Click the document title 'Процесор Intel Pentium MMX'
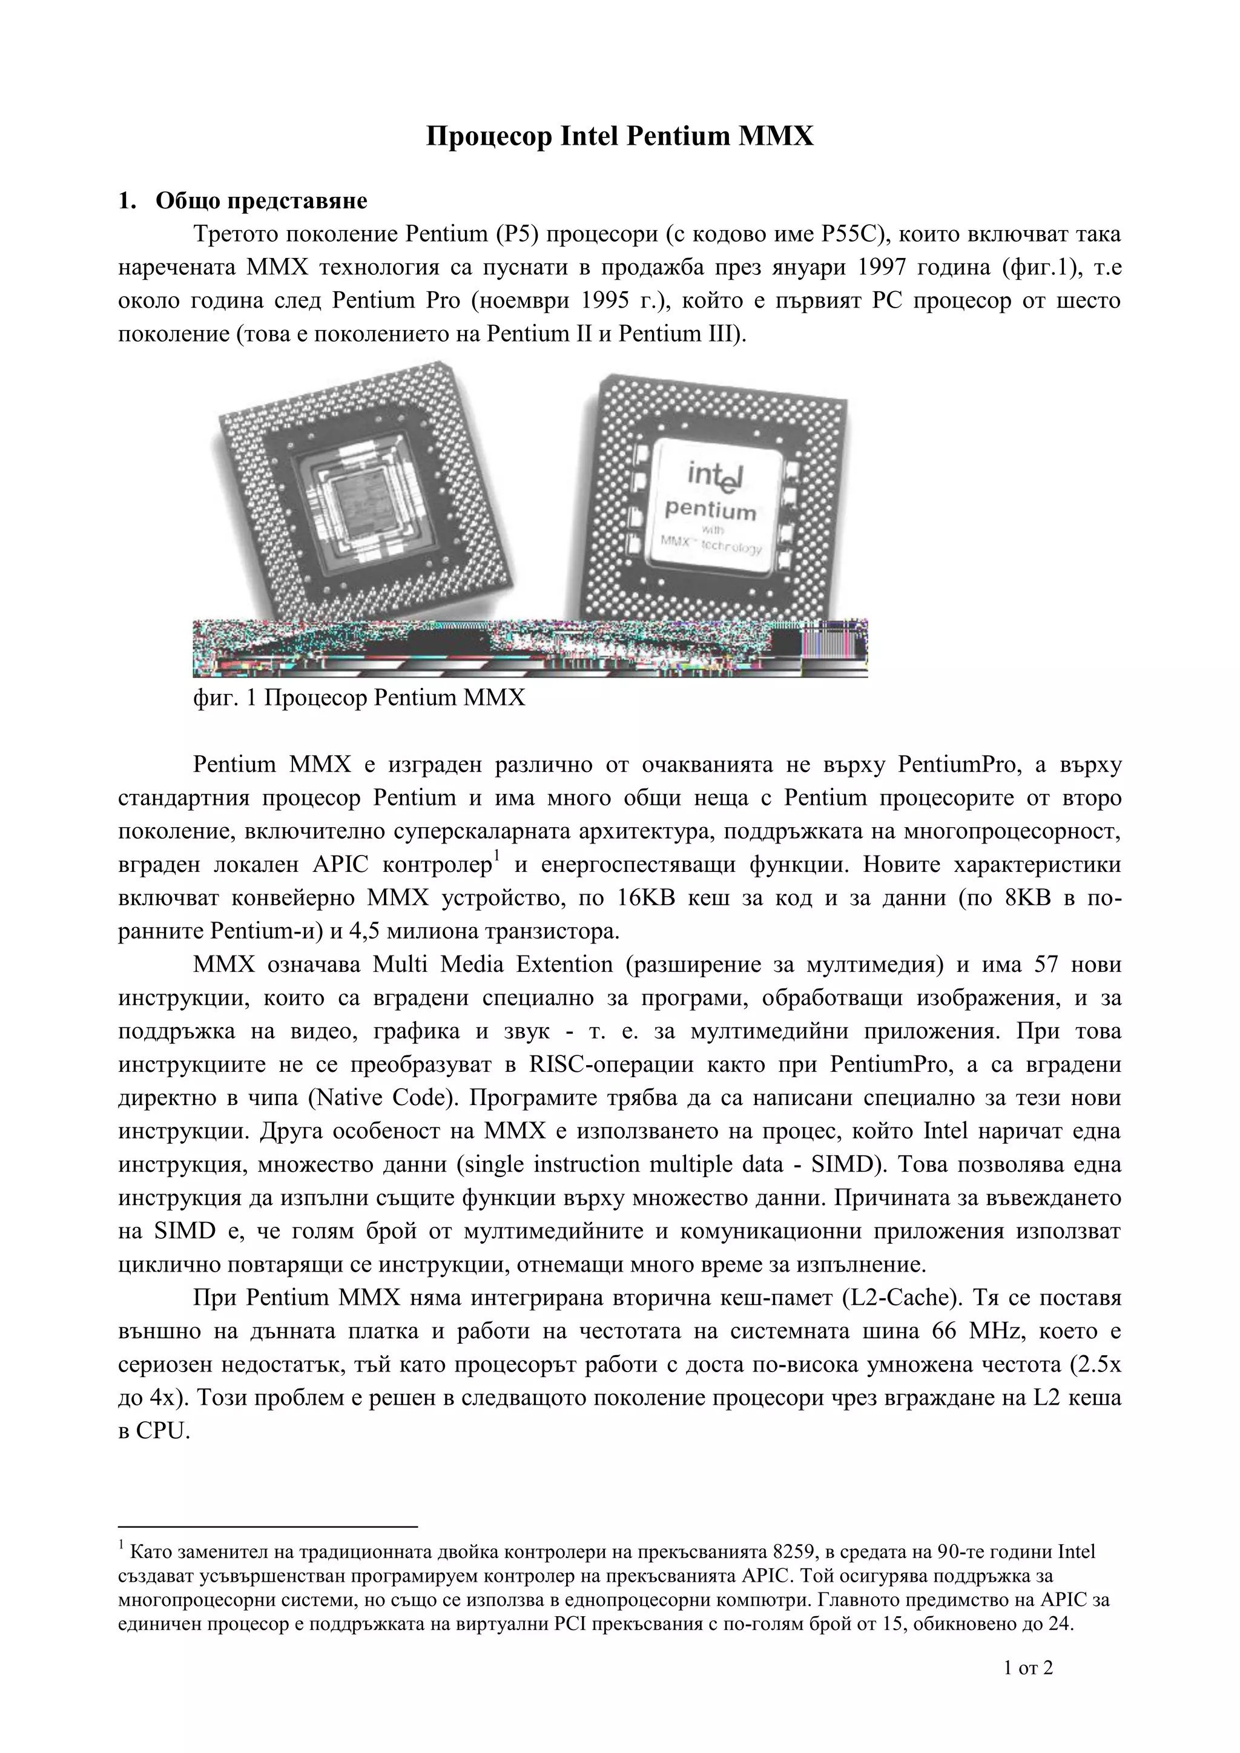(x=619, y=137)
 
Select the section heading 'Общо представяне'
(x=261, y=201)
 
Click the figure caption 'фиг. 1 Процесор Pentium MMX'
(x=359, y=698)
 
